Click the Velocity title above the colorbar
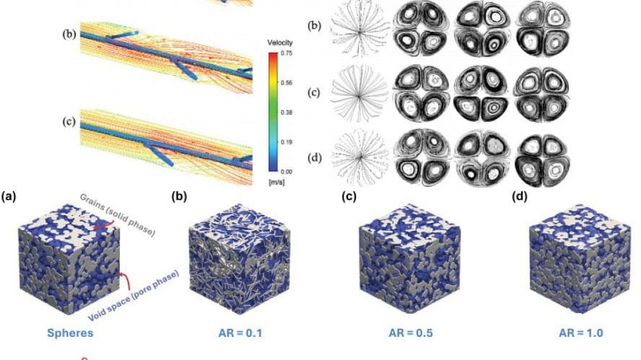point(280,43)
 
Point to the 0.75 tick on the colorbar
point(287,53)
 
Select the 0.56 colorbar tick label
point(287,82)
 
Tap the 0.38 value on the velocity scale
point(287,113)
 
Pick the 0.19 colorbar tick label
point(287,142)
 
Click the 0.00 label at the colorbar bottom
point(287,172)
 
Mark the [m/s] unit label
point(276,182)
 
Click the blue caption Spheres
point(70,333)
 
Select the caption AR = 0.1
point(240,333)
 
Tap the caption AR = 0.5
point(411,333)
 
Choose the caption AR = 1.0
point(581,333)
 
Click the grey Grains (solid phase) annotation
point(118,214)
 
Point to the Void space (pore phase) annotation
point(134,296)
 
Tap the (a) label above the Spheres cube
point(9,197)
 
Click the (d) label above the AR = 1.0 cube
point(519,197)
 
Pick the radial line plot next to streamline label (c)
point(359,96)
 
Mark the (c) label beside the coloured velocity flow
point(69,122)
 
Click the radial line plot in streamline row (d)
point(359,157)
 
